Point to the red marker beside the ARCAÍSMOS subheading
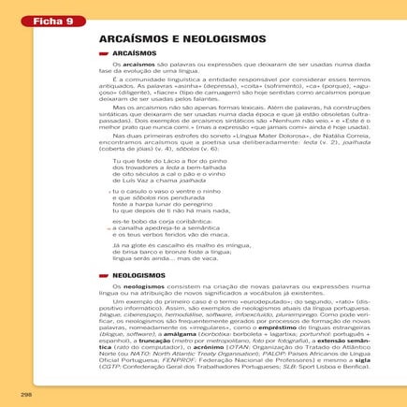pyautogui.click(x=105, y=54)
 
